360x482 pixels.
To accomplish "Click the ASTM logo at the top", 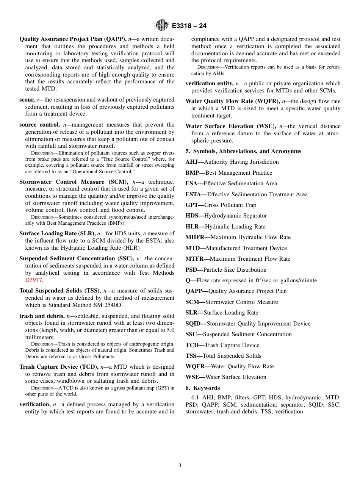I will (162, 26).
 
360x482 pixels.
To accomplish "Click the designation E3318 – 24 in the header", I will (189, 26).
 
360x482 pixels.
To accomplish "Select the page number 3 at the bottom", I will (180, 465).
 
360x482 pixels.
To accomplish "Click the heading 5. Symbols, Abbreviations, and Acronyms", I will (243, 151).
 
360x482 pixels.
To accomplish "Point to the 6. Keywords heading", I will (203, 388).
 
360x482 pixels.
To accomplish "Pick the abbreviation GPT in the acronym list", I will (192, 205).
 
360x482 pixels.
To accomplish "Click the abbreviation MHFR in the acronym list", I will (194, 237).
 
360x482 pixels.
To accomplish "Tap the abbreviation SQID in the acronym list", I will (193, 324).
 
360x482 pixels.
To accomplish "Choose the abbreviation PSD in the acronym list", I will (192, 270).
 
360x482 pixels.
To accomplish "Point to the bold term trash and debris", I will (42, 316).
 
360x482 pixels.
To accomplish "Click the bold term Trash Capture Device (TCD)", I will (59, 367).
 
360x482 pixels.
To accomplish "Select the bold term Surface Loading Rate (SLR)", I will (57, 233).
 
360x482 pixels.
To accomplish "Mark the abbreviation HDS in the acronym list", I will (192, 216).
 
